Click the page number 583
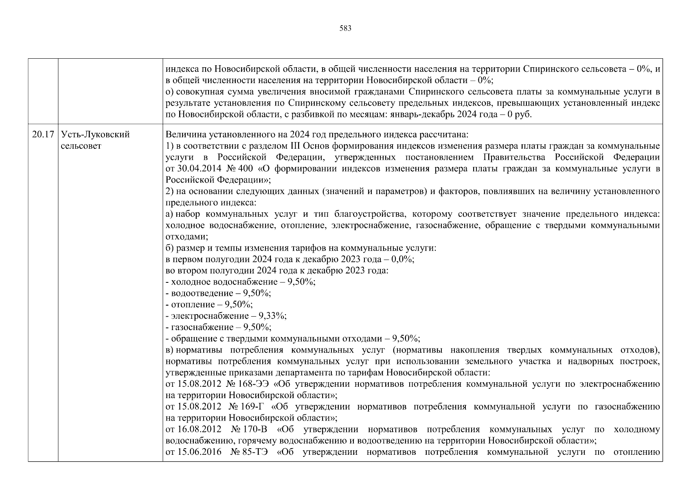[x=345, y=29]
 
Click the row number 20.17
[x=43, y=134]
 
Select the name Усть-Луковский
[x=95, y=134]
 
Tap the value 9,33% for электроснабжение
[x=275, y=316]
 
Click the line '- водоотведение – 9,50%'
[x=218, y=293]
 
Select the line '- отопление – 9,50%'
[x=209, y=304]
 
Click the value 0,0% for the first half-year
[x=403, y=259]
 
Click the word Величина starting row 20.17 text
[x=183, y=134]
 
